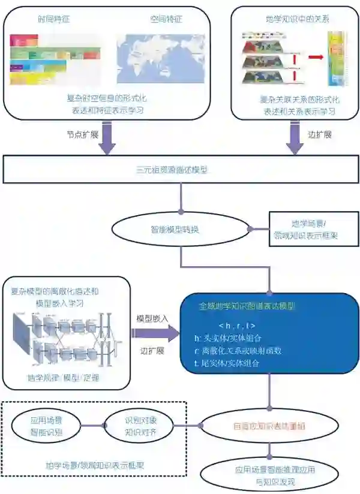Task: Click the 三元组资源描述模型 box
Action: [x=180, y=170]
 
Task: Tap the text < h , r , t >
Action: [x=238, y=325]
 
